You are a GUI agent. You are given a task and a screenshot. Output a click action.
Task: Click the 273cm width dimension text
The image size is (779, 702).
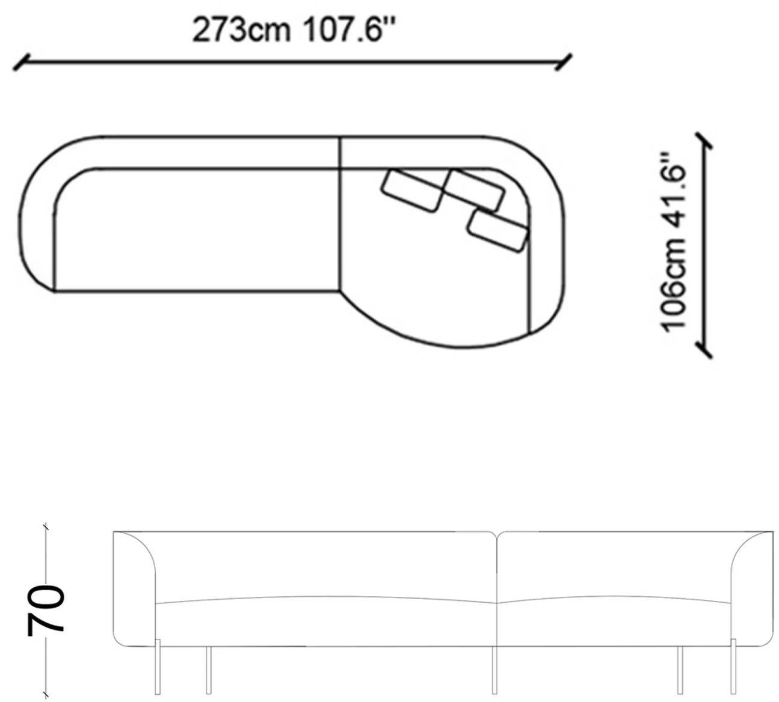click(241, 30)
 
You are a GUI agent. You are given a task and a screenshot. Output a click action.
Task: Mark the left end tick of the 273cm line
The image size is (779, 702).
click(21, 63)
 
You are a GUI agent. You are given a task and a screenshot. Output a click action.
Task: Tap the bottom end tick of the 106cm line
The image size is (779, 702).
click(704, 350)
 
